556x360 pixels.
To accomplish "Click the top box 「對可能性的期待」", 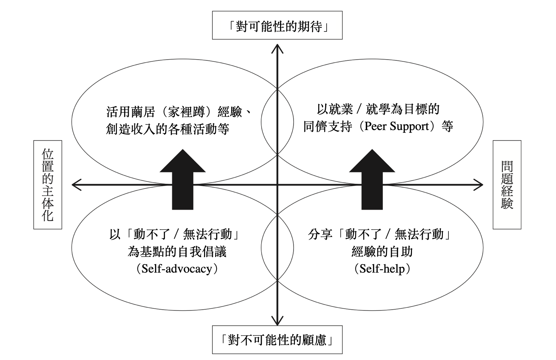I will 277,25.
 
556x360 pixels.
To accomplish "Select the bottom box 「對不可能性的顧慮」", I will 277,340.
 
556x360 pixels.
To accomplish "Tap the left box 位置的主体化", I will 48,185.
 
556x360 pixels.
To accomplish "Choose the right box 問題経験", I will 507,185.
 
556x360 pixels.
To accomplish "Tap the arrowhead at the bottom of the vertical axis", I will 277,321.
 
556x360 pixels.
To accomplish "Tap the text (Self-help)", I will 382,269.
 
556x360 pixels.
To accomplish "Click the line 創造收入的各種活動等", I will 167,129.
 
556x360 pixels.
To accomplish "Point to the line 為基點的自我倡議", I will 177,252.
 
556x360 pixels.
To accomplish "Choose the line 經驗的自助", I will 382,252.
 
